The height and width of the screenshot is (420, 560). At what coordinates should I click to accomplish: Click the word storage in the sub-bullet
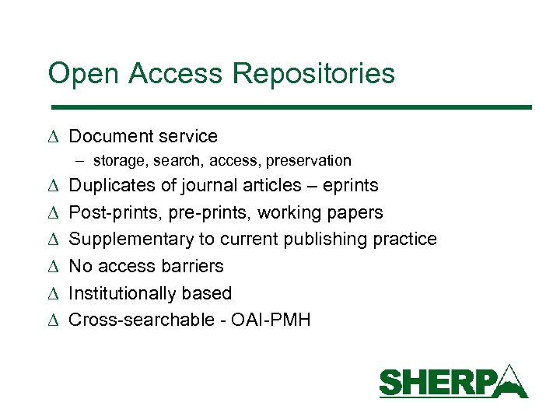click(119, 161)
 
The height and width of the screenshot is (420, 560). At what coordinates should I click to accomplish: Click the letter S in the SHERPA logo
click(390, 383)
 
